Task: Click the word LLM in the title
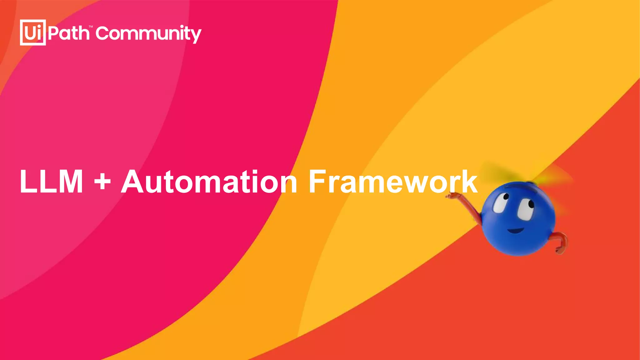(x=51, y=182)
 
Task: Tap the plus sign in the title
(x=102, y=182)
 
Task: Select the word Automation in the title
(x=209, y=182)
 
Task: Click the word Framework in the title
(x=393, y=182)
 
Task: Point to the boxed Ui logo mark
(x=33, y=32)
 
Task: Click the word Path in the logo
(x=69, y=33)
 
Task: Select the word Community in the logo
(x=148, y=34)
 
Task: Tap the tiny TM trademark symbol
(x=91, y=27)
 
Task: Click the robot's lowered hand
(x=560, y=249)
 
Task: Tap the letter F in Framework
(x=317, y=182)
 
